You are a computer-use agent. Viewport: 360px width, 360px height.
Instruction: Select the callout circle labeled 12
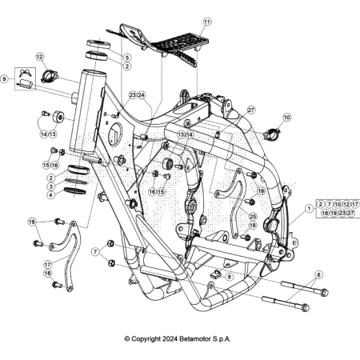(40, 58)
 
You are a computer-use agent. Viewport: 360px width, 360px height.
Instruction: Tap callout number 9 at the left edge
(5, 79)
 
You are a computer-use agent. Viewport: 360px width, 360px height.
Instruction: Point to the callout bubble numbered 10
(287, 118)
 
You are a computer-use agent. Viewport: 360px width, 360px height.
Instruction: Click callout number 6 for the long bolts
(319, 274)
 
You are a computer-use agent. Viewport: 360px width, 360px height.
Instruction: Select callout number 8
(230, 277)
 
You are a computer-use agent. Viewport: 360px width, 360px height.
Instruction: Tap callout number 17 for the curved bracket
(47, 263)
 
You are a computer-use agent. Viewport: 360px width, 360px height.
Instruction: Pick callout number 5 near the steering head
(126, 58)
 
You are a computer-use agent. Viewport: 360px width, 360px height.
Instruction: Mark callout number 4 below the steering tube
(50, 194)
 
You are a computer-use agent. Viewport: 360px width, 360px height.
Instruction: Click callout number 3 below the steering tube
(50, 186)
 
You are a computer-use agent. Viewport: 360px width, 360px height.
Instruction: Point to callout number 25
(253, 217)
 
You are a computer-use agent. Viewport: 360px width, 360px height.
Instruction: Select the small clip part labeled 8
(214, 276)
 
